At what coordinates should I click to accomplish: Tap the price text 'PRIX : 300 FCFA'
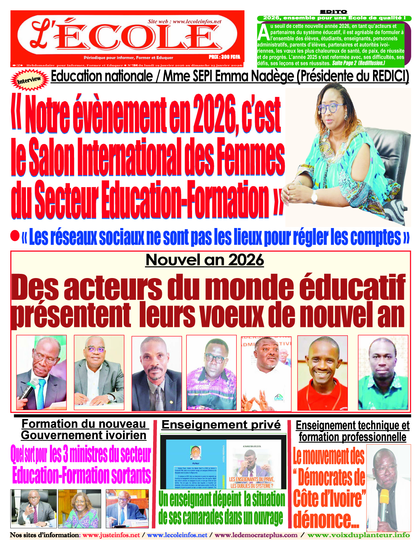coord(225,57)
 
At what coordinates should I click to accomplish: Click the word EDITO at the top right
coord(333,12)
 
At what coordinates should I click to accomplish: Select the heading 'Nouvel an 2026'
coord(205,260)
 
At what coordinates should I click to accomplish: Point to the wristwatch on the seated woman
coord(314,197)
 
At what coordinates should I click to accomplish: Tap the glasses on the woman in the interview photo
coord(332,108)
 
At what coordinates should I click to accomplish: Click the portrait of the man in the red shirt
coord(322,373)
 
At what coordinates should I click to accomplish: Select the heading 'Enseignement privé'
coord(221,425)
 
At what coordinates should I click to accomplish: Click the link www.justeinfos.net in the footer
coord(111,535)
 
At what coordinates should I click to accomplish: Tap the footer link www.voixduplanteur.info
coord(359,535)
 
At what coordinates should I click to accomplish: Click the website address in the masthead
coord(184,21)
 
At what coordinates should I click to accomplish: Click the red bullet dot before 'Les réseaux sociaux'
coord(15,236)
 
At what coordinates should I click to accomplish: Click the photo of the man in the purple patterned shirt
coord(211,373)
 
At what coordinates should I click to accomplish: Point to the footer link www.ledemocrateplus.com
coord(256,535)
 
